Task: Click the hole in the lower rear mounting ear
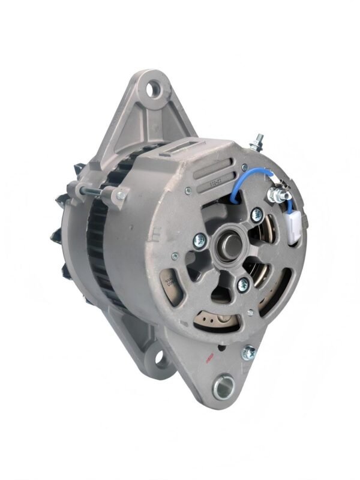point(161,361)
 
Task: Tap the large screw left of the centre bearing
point(198,241)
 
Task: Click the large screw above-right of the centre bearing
point(257,212)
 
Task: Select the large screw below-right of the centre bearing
point(244,282)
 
